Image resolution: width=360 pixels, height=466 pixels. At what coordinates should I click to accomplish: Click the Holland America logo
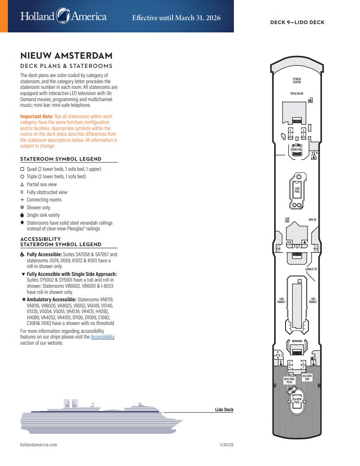[x=64, y=17]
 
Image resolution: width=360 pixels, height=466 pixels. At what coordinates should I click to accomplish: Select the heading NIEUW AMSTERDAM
[x=66, y=56]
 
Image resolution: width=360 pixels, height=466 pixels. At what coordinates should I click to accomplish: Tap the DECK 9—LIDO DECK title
[x=297, y=22]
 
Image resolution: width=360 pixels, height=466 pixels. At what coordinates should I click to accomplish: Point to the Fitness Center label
[x=297, y=81]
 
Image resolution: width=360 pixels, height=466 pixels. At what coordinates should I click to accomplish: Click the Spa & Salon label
[x=296, y=93]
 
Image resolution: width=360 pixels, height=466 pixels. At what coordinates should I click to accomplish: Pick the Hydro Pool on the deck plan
[x=296, y=150]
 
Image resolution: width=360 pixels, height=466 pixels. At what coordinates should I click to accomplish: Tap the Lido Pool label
[x=297, y=190]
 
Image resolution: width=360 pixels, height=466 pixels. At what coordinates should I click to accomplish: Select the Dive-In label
[x=312, y=219]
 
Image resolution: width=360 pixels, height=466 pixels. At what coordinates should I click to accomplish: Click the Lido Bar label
[x=287, y=220]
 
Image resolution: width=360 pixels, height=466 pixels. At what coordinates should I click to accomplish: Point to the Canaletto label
[x=311, y=269]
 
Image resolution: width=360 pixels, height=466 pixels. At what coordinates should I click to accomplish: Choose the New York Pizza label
[x=289, y=381]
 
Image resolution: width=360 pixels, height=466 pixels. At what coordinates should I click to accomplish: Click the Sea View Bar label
[x=307, y=378]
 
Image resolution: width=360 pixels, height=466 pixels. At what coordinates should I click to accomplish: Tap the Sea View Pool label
[x=296, y=401]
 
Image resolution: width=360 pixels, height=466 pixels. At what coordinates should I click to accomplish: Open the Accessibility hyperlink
[x=102, y=337]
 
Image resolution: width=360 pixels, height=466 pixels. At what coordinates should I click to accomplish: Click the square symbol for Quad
[x=22, y=169]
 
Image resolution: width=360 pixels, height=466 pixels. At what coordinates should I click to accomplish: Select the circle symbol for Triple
[x=22, y=177]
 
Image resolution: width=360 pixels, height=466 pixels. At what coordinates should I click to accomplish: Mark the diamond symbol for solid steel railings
[x=22, y=222]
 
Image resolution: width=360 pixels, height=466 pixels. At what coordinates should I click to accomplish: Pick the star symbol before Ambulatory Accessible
[x=24, y=299]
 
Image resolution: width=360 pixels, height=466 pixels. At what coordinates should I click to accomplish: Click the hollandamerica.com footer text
[x=39, y=445]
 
